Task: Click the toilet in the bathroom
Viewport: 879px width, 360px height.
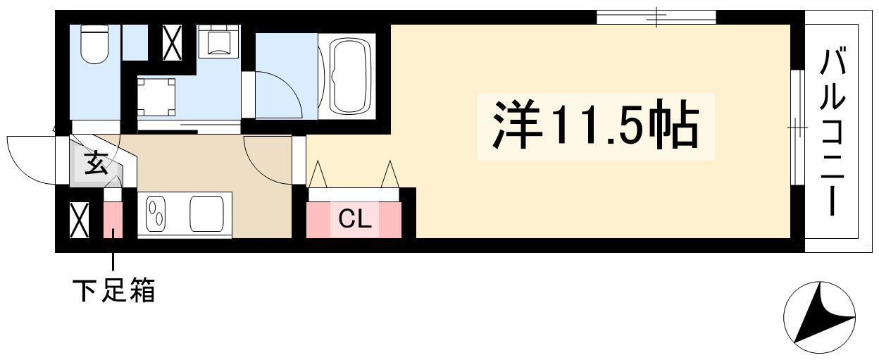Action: point(94,44)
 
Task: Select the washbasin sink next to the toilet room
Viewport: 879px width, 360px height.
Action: point(218,42)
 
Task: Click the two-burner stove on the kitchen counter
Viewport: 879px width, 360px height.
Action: point(156,215)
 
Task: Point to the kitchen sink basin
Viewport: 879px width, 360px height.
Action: point(207,214)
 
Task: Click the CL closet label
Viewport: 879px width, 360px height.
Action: point(355,219)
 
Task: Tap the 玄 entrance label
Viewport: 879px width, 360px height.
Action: point(96,163)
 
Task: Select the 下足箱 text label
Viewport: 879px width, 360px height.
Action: point(114,290)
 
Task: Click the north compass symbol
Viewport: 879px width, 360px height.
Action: point(819,318)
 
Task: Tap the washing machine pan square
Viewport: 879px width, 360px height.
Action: point(156,97)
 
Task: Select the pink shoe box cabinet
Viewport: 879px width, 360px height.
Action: point(113,220)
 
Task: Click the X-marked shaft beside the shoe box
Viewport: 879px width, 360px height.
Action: point(80,220)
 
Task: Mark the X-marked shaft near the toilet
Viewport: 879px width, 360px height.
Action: point(173,42)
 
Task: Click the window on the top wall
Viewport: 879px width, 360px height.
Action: point(656,18)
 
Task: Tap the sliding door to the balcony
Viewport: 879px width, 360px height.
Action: point(797,128)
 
